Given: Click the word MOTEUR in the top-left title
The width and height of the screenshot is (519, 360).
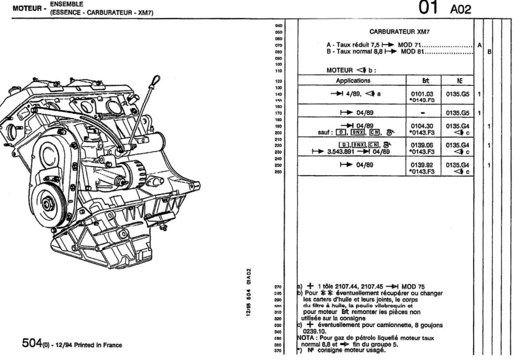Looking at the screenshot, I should click(17, 9).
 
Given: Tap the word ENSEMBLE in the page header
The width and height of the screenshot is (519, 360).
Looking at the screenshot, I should click(53, 4).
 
